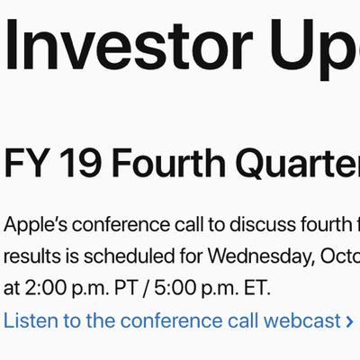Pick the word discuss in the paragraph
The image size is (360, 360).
(262, 224)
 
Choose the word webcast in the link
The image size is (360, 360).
(301, 320)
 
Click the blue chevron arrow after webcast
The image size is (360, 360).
(349, 321)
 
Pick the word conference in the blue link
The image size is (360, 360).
(173, 320)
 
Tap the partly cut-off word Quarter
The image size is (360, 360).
(300, 165)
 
